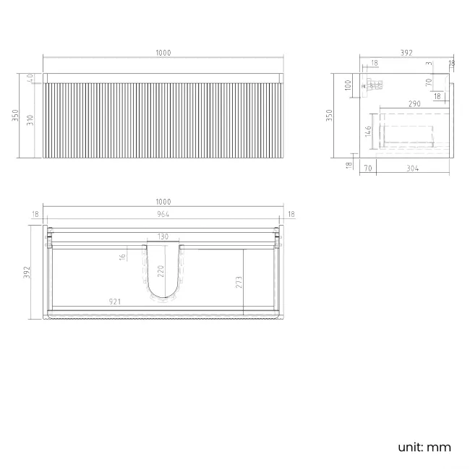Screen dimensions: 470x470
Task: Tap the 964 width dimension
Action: [x=163, y=214]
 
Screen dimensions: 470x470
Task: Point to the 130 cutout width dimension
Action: [x=163, y=237]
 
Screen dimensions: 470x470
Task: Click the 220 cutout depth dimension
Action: [x=161, y=272]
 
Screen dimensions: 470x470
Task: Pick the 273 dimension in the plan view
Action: [x=239, y=281]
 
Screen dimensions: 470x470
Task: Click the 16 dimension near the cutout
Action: [x=124, y=256]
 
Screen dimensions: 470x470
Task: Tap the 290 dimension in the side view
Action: [x=414, y=104]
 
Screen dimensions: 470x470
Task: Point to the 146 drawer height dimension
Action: [x=368, y=131]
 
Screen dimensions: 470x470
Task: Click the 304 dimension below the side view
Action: [x=413, y=168]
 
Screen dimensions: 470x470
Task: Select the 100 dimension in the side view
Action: [x=348, y=85]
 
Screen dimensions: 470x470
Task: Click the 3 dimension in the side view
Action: [x=429, y=64]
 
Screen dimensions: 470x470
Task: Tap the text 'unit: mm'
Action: [x=424, y=447]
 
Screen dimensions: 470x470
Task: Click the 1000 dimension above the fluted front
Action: [x=163, y=53]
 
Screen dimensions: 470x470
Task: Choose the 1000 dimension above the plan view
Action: [x=163, y=202]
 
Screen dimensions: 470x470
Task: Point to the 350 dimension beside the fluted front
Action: [x=16, y=115]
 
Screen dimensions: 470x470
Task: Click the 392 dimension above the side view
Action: [x=406, y=53]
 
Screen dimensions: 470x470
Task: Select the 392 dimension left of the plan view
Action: [x=27, y=272]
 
